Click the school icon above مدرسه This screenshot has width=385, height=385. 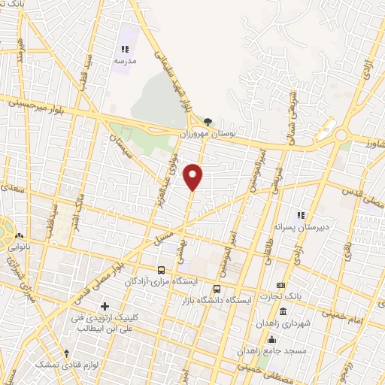click(x=125, y=48)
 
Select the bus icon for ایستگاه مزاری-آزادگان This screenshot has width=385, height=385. click(x=161, y=269)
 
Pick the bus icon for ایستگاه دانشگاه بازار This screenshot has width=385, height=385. click(x=217, y=288)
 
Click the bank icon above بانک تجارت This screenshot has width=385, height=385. click(x=280, y=285)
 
